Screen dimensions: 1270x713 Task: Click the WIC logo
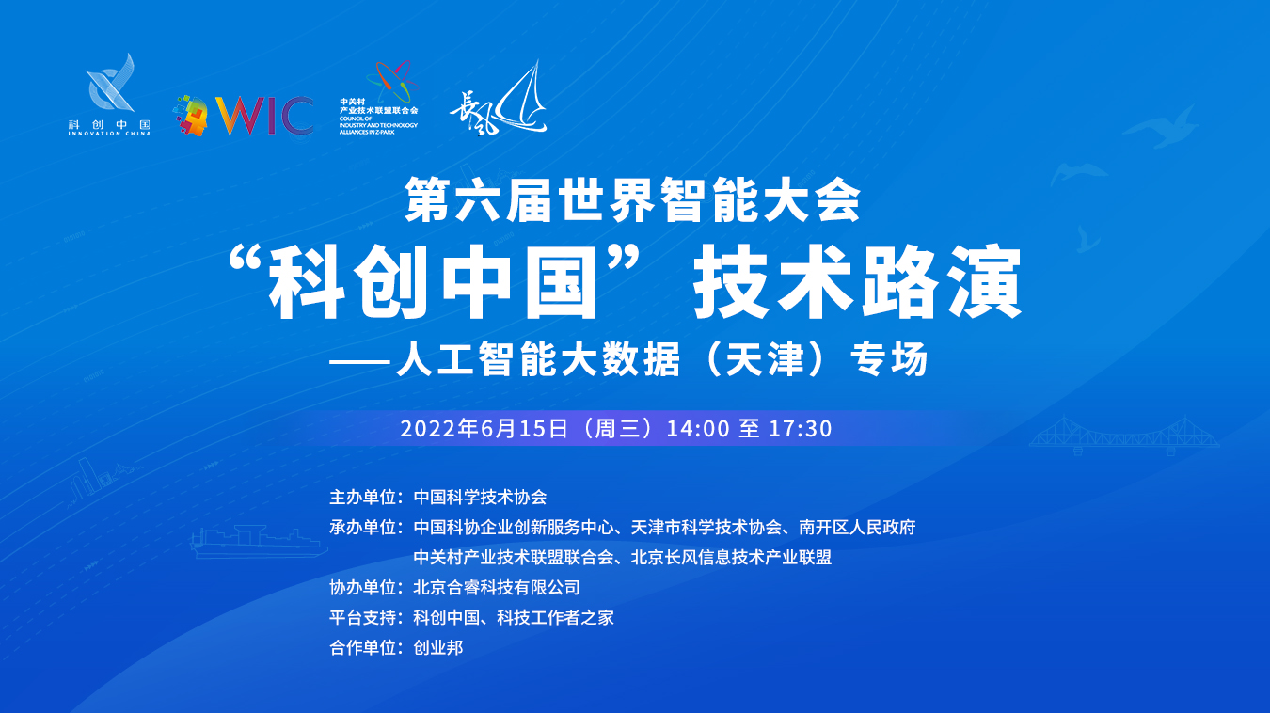click(245, 116)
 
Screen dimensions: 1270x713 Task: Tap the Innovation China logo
click(109, 95)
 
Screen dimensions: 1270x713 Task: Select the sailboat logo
click(499, 98)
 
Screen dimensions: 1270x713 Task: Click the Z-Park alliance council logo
click(379, 97)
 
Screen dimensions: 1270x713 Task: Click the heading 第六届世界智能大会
click(633, 199)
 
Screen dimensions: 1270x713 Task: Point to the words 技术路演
click(857, 282)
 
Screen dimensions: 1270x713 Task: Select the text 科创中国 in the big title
click(433, 282)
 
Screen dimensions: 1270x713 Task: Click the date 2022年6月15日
click(484, 429)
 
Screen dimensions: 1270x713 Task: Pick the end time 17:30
click(800, 429)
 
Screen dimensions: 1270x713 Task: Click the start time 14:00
click(698, 429)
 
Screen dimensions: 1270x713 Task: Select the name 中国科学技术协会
click(480, 497)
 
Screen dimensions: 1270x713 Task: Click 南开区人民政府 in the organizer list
click(857, 527)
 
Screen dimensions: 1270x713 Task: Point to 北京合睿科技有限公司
click(497, 587)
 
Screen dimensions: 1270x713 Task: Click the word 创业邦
click(438, 647)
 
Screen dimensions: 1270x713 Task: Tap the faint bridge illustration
click(1124, 436)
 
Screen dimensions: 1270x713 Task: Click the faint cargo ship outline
click(259, 542)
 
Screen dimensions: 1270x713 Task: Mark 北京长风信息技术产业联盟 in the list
click(731, 557)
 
